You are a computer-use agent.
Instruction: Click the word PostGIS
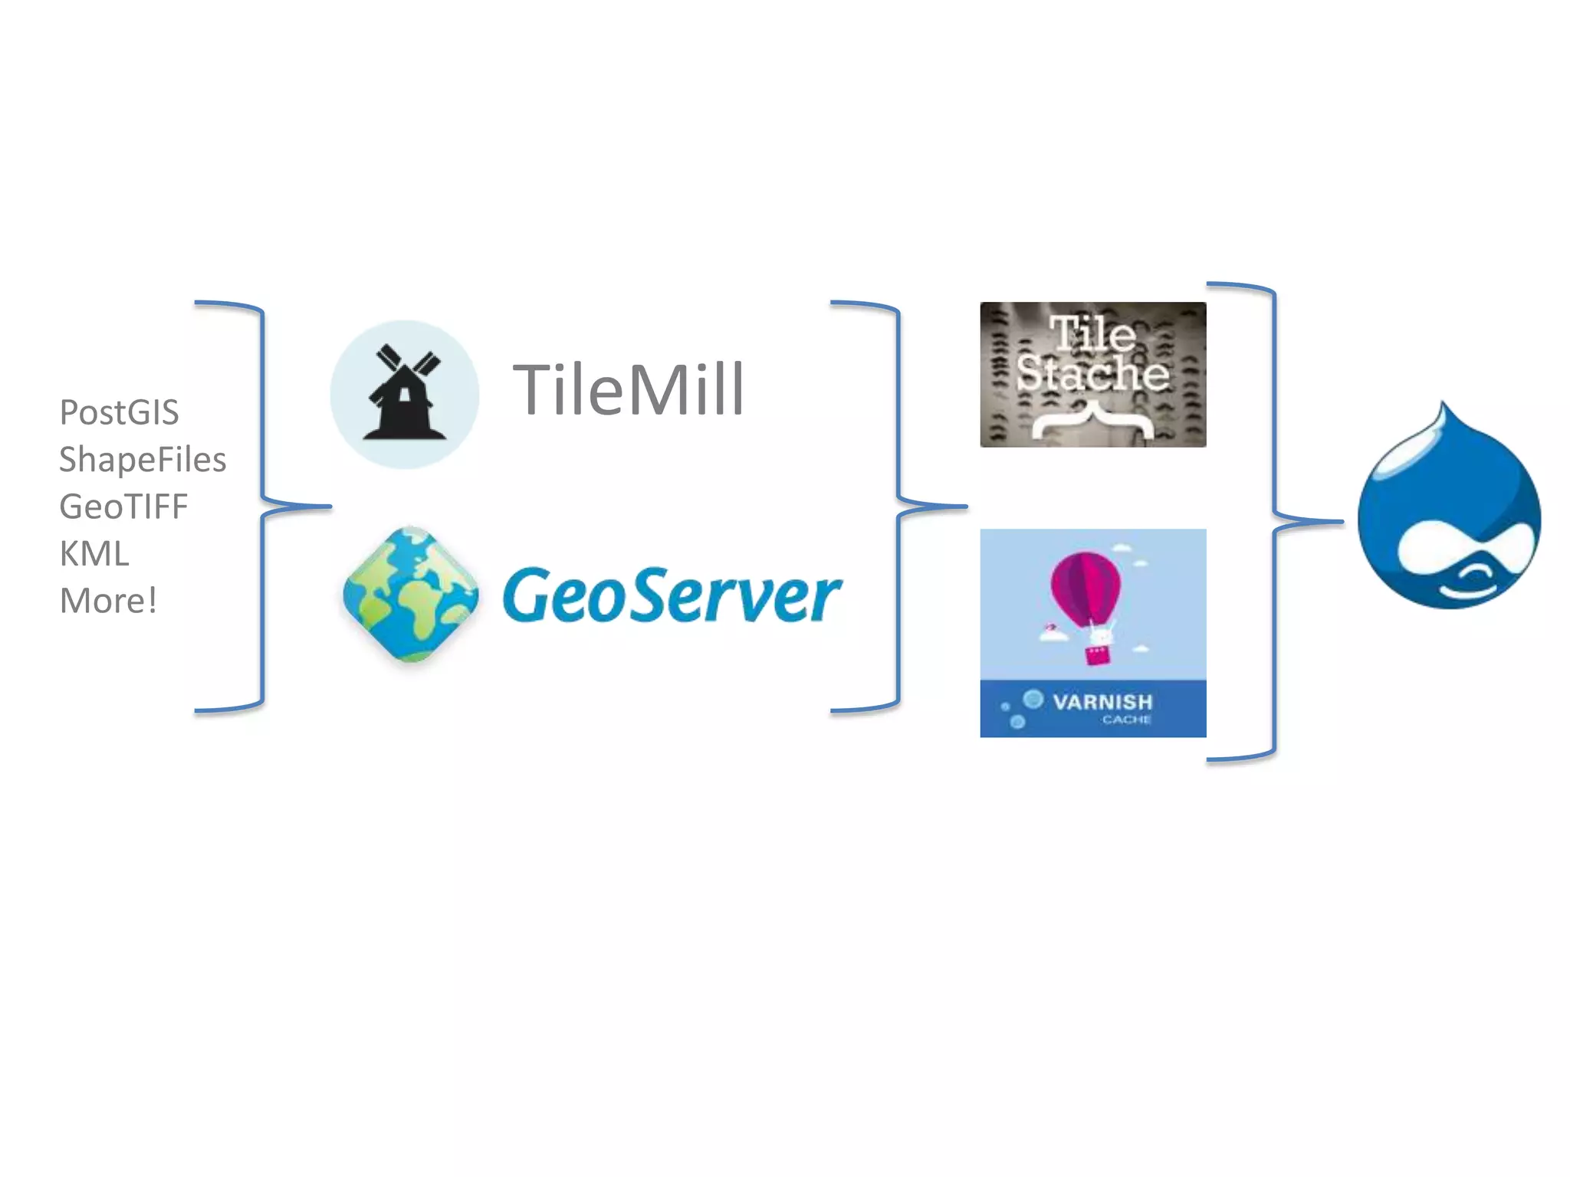tap(119, 412)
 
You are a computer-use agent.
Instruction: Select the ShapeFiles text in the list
tap(143, 460)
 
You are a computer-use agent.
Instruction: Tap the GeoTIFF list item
tap(123, 507)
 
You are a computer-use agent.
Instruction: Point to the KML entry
tap(94, 554)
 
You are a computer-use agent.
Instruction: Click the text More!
tap(108, 601)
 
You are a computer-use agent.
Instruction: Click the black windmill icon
tap(404, 394)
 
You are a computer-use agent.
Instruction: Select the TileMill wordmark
tap(628, 390)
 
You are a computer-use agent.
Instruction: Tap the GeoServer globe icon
tap(410, 594)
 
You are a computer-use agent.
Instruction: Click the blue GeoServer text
tap(672, 595)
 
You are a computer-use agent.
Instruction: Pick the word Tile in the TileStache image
tap(1092, 333)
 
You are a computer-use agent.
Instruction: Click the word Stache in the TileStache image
tap(1092, 373)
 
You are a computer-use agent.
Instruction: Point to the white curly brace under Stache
tap(1092, 421)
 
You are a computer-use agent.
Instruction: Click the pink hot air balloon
tap(1085, 586)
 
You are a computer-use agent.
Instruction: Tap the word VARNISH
tap(1102, 701)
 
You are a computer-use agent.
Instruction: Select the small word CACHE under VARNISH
tap(1126, 720)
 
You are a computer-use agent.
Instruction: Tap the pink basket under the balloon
tap(1097, 655)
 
